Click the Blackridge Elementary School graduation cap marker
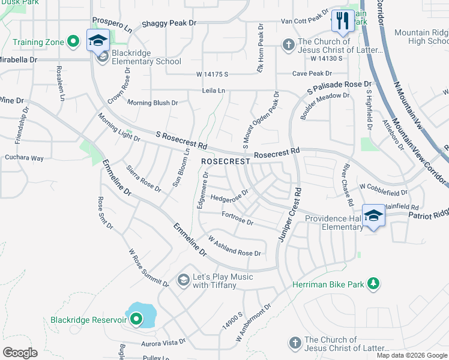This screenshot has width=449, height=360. [x=97, y=41]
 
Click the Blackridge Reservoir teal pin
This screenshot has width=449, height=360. [x=137, y=319]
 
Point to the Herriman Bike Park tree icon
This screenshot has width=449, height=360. [x=373, y=284]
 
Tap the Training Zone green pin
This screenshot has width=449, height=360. [x=73, y=41]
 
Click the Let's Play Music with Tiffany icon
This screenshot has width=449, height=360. [x=183, y=280]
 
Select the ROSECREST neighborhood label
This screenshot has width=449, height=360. [x=225, y=162]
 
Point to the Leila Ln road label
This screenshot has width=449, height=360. [x=213, y=91]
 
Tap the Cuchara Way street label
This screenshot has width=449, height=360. [x=25, y=158]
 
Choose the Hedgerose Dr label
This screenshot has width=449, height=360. [x=229, y=196]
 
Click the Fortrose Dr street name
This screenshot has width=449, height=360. [x=238, y=218]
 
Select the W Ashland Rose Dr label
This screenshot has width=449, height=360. [x=234, y=246]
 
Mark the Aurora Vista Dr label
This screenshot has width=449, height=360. [x=163, y=343]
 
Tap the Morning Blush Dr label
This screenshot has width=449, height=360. [x=152, y=103]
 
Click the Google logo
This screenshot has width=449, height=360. [x=20, y=353]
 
